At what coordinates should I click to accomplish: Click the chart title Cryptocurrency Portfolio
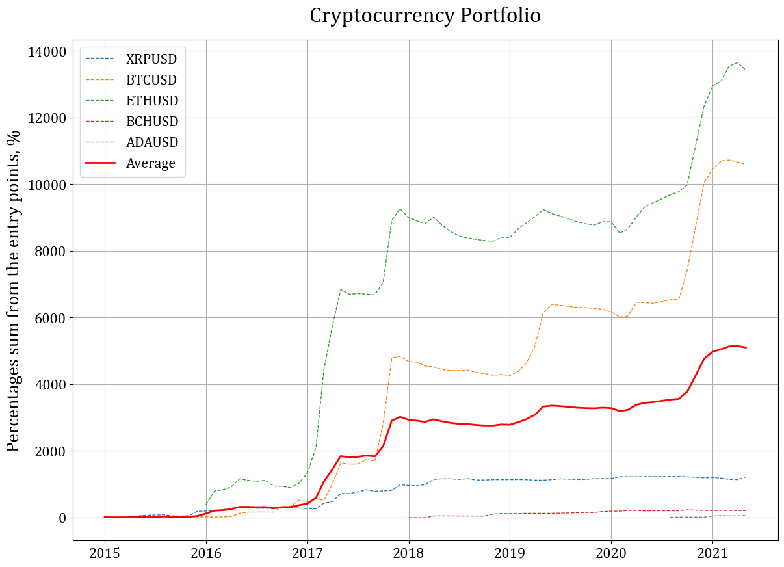point(425,16)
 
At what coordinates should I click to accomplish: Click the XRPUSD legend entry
point(151,59)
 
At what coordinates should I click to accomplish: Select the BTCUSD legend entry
point(151,80)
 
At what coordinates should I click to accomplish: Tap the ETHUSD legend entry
point(152,101)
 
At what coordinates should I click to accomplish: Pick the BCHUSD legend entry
point(152,122)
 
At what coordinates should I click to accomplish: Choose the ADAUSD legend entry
point(152,142)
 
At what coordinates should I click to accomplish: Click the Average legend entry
point(151,163)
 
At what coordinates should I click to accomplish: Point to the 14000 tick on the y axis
point(47,51)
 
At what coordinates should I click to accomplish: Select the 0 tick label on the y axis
point(63,518)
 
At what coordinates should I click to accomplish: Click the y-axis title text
point(14,290)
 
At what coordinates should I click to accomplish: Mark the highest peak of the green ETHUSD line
point(737,63)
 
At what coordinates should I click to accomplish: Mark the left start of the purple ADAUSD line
point(671,517)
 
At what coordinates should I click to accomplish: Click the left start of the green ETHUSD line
point(206,505)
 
